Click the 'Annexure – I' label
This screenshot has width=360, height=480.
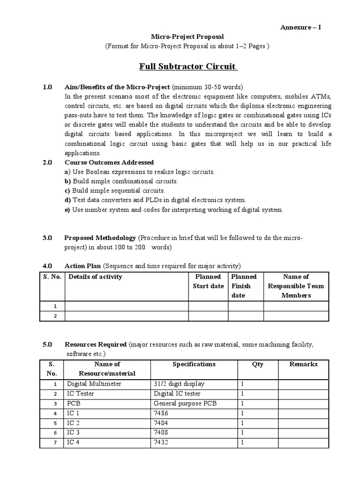(x=300, y=27)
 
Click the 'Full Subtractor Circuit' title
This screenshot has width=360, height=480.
(x=188, y=66)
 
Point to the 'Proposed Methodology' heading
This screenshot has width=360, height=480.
(x=100, y=238)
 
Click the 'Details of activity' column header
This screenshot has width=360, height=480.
(x=95, y=277)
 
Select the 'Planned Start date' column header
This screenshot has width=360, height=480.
(x=208, y=281)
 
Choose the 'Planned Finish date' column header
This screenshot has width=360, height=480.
(x=244, y=286)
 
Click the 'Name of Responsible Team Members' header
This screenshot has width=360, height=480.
(x=296, y=286)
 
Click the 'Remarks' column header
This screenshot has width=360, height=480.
(x=303, y=364)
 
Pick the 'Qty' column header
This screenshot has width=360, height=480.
(x=257, y=364)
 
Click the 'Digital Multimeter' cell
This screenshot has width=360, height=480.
(x=94, y=383)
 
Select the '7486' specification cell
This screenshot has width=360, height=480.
(x=161, y=413)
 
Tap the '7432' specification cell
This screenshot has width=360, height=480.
(x=161, y=442)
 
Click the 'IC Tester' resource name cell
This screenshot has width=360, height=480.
(x=81, y=393)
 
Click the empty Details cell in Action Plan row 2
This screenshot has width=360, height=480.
(x=127, y=315)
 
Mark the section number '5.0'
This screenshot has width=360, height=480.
(x=47, y=345)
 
